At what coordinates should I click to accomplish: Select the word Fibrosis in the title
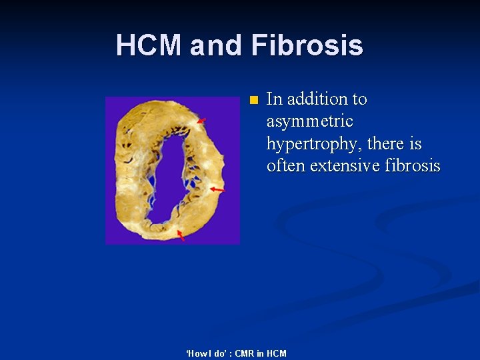(307, 46)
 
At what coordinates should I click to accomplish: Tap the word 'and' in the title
(217, 46)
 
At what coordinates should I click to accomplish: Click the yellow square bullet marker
(253, 101)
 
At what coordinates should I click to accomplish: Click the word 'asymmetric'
(309, 122)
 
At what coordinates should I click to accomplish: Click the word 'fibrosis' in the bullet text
(413, 165)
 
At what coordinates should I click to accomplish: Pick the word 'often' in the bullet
(285, 165)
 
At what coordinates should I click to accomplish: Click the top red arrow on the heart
(201, 121)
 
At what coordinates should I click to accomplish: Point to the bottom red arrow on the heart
(180, 235)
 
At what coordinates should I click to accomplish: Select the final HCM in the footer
(275, 353)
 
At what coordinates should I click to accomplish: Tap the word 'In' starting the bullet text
(273, 99)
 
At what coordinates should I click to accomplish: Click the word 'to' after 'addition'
(359, 99)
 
